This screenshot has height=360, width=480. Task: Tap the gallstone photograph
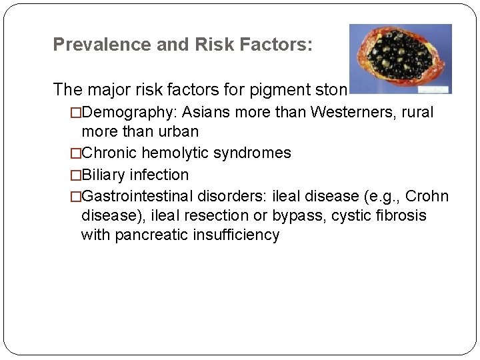tap(400, 59)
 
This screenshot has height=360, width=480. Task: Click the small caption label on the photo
tap(434, 88)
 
